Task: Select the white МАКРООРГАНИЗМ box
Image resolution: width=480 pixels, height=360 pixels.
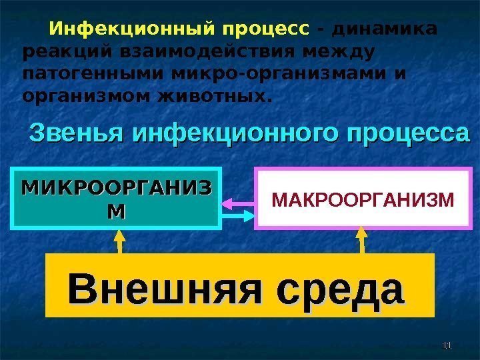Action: pyautogui.click(x=361, y=198)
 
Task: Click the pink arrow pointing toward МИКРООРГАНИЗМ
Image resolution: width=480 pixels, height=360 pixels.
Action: pyautogui.click(x=237, y=200)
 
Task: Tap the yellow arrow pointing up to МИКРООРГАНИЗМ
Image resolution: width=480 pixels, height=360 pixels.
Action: pyautogui.click(x=120, y=241)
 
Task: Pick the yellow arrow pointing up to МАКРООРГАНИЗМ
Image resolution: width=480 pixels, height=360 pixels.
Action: pyautogui.click(x=362, y=241)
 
